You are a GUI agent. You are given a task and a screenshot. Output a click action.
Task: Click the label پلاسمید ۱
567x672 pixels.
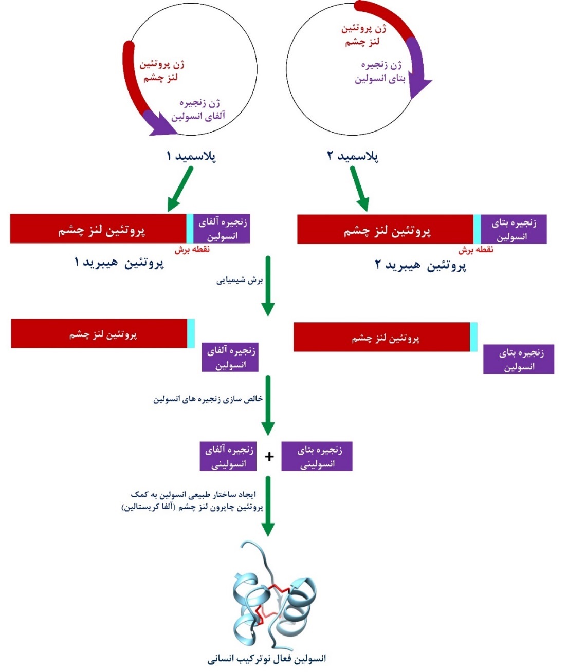(x=191, y=156)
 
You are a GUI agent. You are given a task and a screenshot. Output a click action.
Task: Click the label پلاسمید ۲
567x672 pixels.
(x=353, y=156)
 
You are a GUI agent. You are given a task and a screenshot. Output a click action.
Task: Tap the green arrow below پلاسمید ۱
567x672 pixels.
(x=180, y=189)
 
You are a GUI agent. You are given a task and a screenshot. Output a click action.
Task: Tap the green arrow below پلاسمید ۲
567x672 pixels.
(x=359, y=189)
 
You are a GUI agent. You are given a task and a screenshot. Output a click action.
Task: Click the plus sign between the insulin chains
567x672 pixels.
(x=269, y=456)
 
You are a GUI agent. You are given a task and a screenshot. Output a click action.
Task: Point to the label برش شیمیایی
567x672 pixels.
(x=240, y=281)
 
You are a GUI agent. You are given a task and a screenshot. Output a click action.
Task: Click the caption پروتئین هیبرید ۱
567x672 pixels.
(x=119, y=263)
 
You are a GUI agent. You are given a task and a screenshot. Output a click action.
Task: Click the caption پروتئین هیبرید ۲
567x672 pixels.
(x=420, y=266)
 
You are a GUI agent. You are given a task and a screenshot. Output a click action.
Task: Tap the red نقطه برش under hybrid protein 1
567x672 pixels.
(x=192, y=249)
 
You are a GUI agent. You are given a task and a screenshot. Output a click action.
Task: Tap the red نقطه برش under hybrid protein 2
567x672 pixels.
(x=475, y=250)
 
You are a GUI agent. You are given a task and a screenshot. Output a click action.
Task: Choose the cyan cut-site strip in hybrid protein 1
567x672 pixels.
(x=190, y=229)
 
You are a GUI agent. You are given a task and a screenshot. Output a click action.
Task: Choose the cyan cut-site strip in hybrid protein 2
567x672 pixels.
(x=477, y=229)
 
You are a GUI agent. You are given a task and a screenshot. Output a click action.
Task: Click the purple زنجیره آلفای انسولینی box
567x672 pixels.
(x=228, y=456)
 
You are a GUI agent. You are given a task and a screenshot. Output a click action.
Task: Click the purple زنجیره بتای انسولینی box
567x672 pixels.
(x=317, y=456)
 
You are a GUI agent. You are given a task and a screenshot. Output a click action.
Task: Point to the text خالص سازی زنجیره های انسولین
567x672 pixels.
(x=208, y=399)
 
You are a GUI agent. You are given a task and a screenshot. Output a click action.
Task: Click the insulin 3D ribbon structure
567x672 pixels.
(x=273, y=595)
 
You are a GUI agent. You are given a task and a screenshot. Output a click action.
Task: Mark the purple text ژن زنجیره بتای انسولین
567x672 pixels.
(x=380, y=72)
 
